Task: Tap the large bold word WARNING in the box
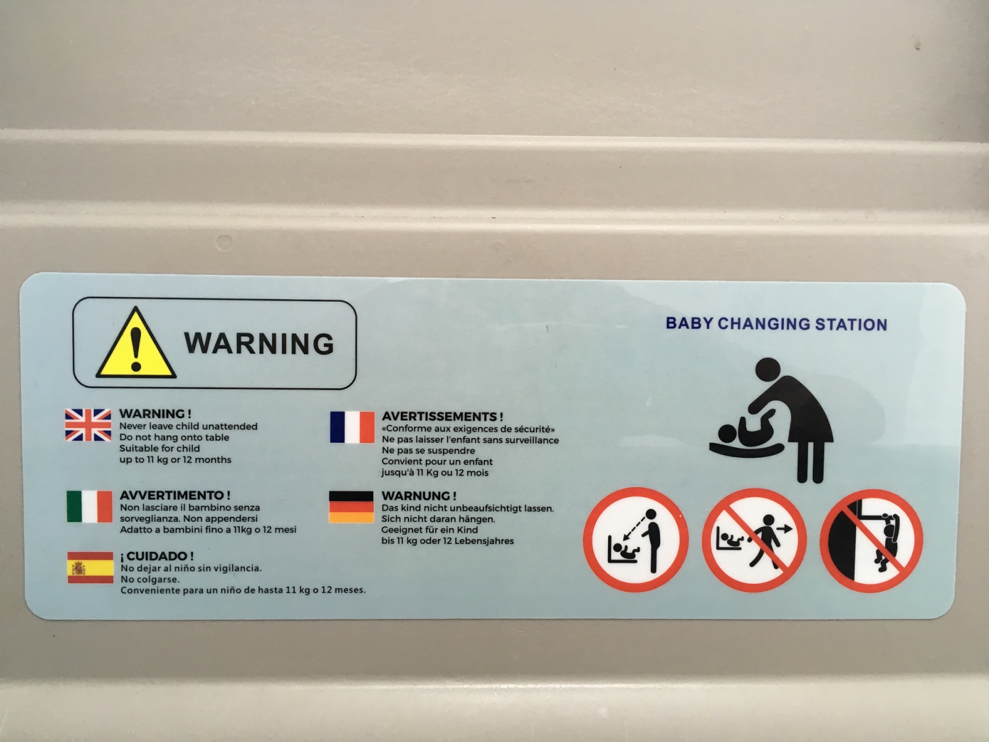(259, 344)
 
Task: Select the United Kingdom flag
(88, 425)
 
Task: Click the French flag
(352, 427)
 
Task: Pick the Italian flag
(89, 506)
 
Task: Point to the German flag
(351, 507)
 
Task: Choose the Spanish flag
(90, 568)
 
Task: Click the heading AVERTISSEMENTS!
(443, 416)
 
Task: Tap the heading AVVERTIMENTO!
(175, 495)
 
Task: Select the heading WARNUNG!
(418, 495)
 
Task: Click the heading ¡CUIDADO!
(157, 556)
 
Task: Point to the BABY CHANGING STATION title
(776, 324)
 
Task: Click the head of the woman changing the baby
(768, 370)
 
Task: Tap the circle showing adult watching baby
(636, 539)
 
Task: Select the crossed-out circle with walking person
(753, 540)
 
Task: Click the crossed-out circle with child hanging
(872, 540)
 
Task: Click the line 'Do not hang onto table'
(174, 437)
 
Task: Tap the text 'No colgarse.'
(150, 579)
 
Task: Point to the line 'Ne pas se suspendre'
(428, 451)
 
